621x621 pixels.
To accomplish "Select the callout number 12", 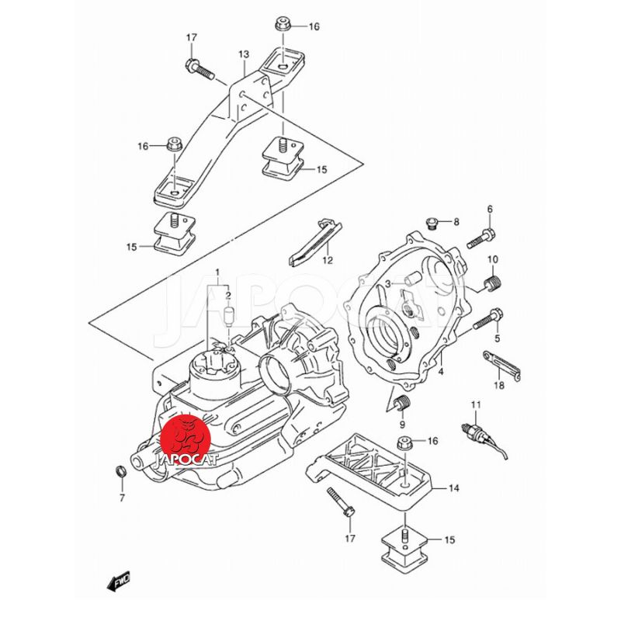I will [x=328, y=260].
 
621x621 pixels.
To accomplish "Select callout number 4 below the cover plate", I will [x=440, y=373].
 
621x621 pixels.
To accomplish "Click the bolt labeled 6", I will [x=480, y=237].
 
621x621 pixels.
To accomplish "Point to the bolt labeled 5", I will [x=487, y=319].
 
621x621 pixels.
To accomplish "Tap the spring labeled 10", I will [x=491, y=285].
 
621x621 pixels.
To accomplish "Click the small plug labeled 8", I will [x=432, y=225].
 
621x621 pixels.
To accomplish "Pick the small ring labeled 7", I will [x=120, y=471].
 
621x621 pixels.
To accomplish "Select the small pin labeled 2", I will [x=228, y=316].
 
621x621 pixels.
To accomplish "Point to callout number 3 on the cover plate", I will [x=387, y=285].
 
